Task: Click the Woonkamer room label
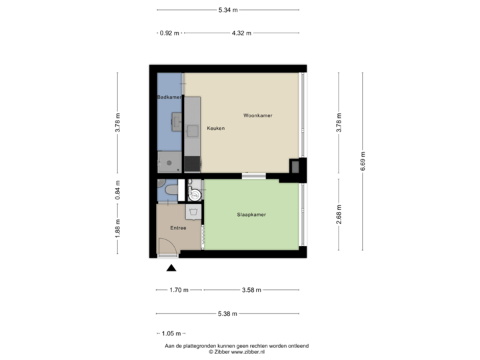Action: (257, 115)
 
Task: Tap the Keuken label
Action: (215, 128)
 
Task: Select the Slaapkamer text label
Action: (252, 215)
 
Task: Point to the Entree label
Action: (178, 228)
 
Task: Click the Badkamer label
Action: (169, 98)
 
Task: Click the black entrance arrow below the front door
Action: (171, 268)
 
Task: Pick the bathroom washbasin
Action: (178, 122)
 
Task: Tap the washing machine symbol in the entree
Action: (193, 212)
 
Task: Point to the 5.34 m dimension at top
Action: (228, 9)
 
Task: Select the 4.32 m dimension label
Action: (241, 32)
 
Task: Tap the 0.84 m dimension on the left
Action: (118, 190)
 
